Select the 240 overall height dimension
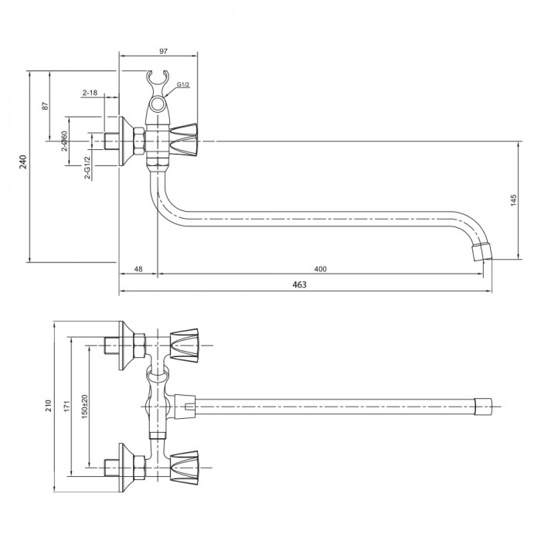23,162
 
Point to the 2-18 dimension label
90,93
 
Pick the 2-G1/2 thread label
87,168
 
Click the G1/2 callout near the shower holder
183,84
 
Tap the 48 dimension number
138,269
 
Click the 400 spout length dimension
321,269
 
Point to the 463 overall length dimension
300,285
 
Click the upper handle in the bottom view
185,344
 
